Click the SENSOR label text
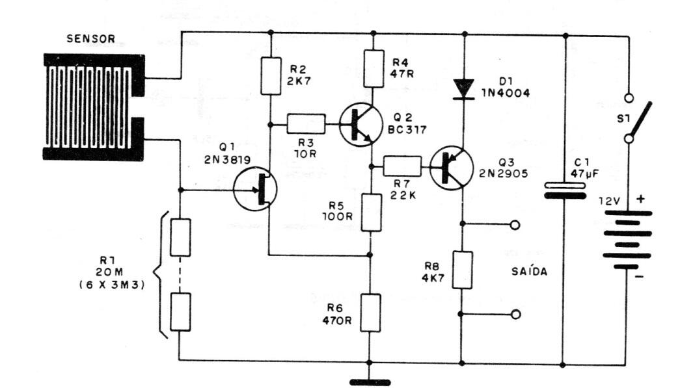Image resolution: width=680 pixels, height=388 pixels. (90, 40)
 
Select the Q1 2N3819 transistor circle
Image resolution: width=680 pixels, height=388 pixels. (255, 189)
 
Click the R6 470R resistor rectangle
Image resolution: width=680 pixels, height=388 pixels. (370, 313)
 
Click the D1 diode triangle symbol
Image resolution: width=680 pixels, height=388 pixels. (463, 88)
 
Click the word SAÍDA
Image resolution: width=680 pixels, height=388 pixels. (525, 272)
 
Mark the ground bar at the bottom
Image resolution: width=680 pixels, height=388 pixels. (371, 382)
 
